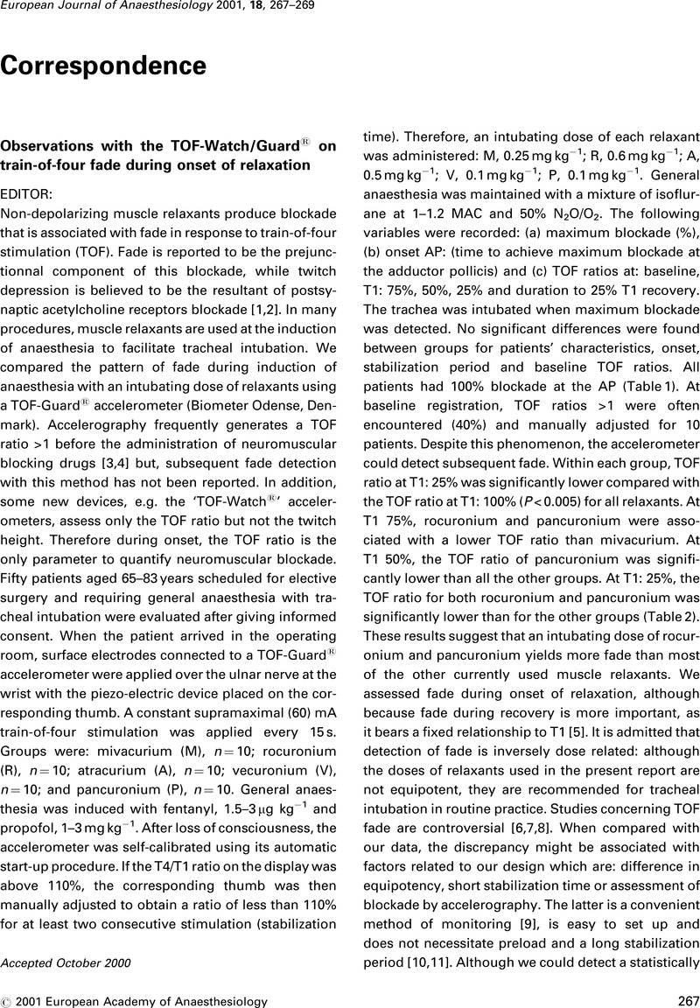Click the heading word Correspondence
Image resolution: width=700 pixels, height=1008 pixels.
pos(103,66)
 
